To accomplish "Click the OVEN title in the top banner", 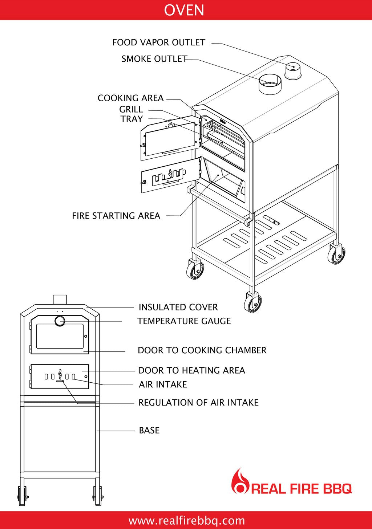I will pyautogui.click(x=184, y=10).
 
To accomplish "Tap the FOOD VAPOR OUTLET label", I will pyautogui.click(x=159, y=42).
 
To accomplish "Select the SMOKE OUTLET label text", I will pyautogui.click(x=154, y=59).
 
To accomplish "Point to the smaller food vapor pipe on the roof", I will pyautogui.click(x=292, y=71).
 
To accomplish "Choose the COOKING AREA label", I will pyautogui.click(x=130, y=98).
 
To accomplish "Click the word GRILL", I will pyautogui.click(x=131, y=109).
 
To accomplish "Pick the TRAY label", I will pyautogui.click(x=132, y=119).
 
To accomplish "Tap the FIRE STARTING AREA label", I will pyautogui.click(x=116, y=216).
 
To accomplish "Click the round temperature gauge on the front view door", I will pyautogui.click(x=60, y=321).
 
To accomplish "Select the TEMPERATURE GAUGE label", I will pyautogui.click(x=184, y=321).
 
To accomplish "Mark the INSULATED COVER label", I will pyautogui.click(x=178, y=307).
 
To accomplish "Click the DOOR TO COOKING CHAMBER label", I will pyautogui.click(x=202, y=350).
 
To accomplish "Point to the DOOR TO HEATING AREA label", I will pyautogui.click(x=191, y=370).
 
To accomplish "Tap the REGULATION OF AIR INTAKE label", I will pyautogui.click(x=198, y=402).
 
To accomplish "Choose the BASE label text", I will pyautogui.click(x=149, y=430).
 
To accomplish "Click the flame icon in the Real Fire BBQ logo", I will pyautogui.click(x=240, y=481).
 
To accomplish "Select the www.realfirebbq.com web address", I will pyautogui.click(x=186, y=521).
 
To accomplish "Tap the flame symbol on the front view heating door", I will pyautogui.click(x=60, y=374).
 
